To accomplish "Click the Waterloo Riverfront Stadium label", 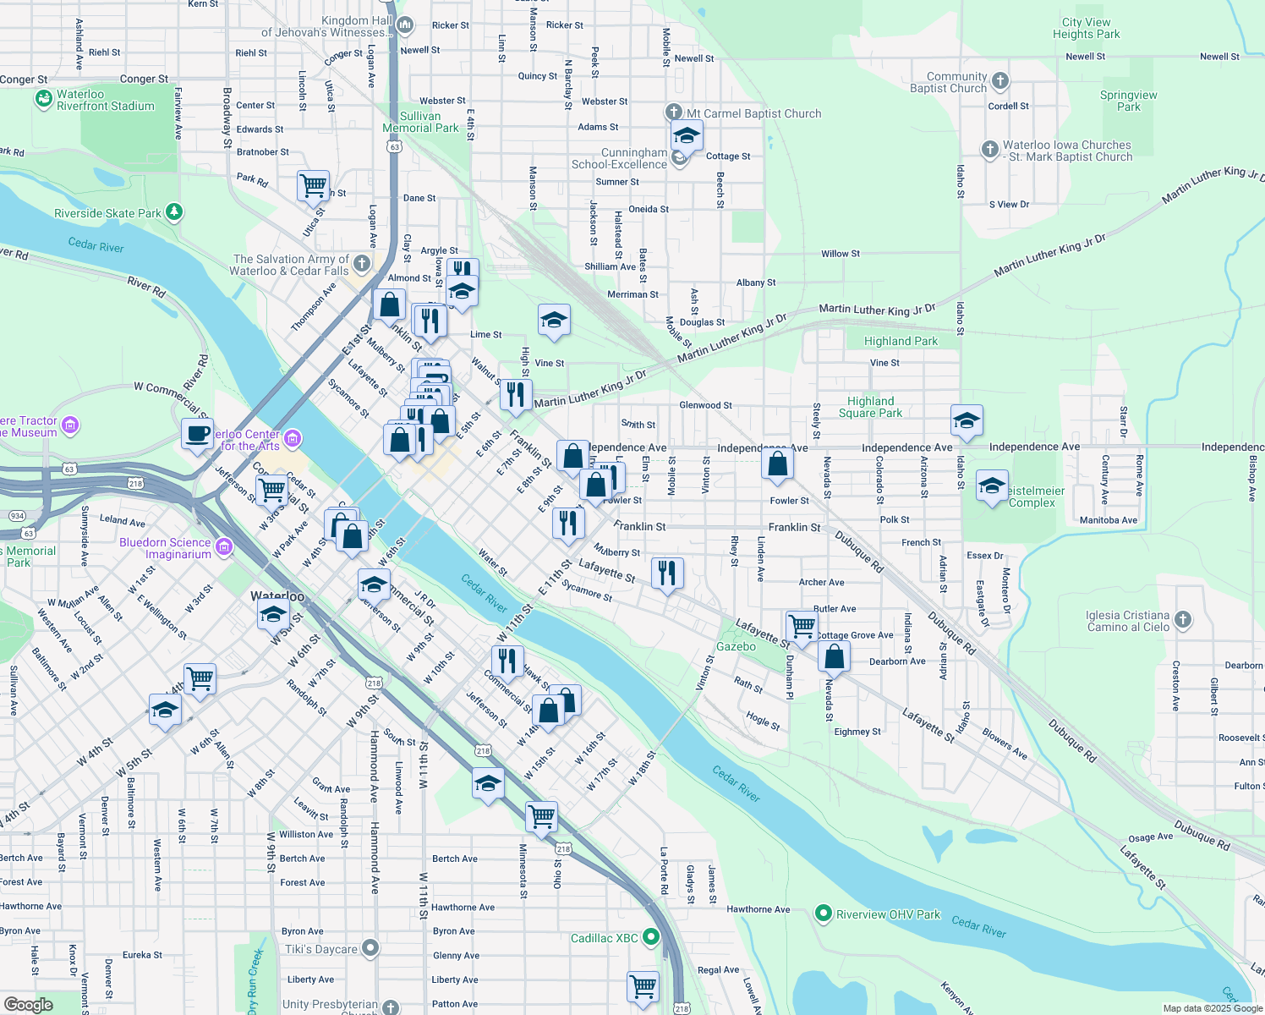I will click(105, 100).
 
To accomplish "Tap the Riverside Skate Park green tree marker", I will click(174, 211).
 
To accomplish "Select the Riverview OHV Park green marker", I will click(823, 913).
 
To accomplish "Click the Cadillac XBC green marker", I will click(650, 937).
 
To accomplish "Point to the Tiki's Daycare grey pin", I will click(370, 948).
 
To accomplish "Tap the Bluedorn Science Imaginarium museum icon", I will click(224, 547).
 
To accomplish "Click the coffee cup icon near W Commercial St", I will click(197, 434).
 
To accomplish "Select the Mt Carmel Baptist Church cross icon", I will click(673, 112).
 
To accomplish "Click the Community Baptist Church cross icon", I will click(999, 81).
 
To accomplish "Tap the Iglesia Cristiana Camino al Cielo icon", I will click(1182, 620).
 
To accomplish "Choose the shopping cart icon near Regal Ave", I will click(643, 986).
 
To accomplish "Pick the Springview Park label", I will click(1128, 101).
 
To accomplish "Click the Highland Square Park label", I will click(870, 407).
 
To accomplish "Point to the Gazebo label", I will click(736, 646).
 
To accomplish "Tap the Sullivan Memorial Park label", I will click(420, 122).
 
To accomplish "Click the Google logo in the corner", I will click(28, 1004).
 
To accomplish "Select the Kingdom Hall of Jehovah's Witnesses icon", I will click(404, 26).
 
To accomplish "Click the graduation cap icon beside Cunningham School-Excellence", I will click(687, 135).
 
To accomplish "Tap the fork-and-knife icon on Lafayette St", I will click(668, 573).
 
